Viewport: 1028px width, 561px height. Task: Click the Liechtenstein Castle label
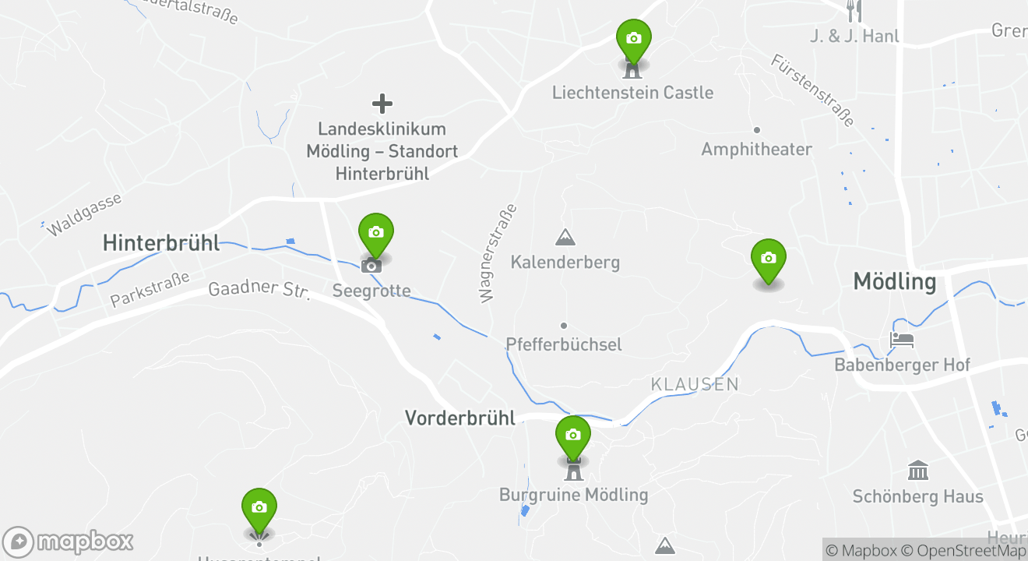(632, 93)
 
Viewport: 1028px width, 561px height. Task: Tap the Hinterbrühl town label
(161, 243)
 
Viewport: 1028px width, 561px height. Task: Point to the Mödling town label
(894, 281)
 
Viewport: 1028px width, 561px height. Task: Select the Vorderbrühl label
(459, 418)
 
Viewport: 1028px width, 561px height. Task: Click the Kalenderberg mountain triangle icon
(565, 237)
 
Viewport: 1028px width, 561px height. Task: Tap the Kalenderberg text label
(565, 262)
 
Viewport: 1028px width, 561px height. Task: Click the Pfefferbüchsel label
(563, 344)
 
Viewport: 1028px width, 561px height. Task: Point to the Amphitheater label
(756, 149)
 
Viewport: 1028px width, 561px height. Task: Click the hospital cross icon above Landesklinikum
(382, 104)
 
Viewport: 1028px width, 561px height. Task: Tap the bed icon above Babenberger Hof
(902, 340)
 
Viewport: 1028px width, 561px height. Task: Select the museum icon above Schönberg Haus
(918, 471)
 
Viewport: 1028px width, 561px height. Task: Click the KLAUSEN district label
(695, 384)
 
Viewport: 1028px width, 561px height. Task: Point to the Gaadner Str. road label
(259, 289)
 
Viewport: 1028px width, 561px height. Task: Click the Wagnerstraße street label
(497, 253)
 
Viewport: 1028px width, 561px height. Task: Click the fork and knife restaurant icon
(854, 10)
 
